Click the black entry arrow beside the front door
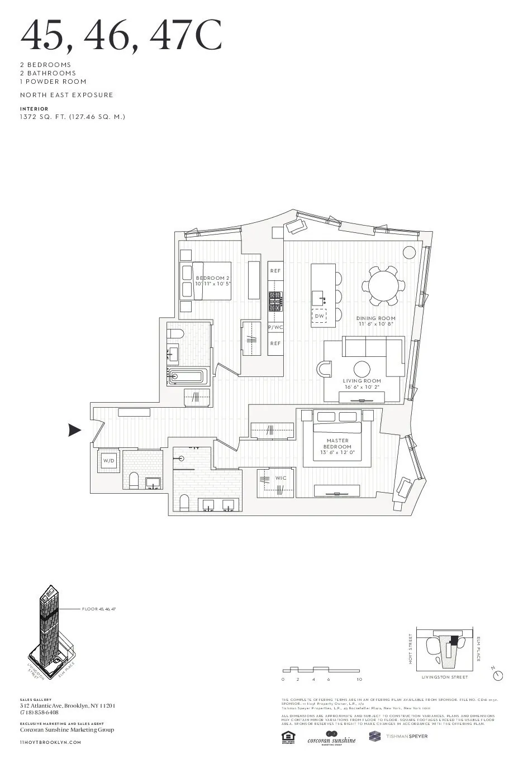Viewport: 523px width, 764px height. click(x=74, y=430)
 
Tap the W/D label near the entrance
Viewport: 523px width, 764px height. click(x=108, y=461)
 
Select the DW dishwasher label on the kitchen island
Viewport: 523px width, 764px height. click(x=320, y=316)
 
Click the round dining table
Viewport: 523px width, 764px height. click(x=385, y=286)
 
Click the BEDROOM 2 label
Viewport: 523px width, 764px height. click(x=213, y=278)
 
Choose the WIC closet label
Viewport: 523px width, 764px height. click(x=280, y=478)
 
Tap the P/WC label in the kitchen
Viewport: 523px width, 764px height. click(x=275, y=327)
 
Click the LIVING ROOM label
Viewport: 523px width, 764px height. click(x=362, y=381)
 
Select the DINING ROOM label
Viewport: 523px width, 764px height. click(x=375, y=318)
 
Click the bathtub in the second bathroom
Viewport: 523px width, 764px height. click(x=188, y=376)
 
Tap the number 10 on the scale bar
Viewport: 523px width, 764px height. click(x=359, y=680)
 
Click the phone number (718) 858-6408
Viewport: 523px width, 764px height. click(x=39, y=713)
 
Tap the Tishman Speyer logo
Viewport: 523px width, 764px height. click(x=398, y=736)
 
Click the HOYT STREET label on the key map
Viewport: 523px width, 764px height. click(x=411, y=649)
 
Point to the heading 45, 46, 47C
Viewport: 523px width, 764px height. click(x=121, y=35)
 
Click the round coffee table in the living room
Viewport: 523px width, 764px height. click(x=362, y=369)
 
